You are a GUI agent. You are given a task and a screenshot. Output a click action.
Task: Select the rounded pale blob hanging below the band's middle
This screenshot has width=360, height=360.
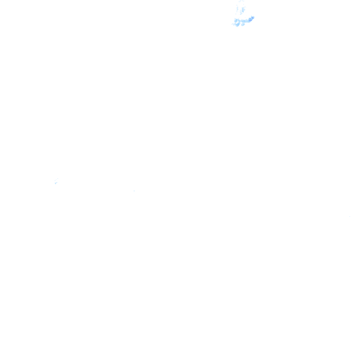243,24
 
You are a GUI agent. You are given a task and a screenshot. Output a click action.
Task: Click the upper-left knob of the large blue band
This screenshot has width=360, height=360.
236,19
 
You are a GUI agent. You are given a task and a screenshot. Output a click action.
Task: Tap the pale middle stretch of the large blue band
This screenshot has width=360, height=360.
244,21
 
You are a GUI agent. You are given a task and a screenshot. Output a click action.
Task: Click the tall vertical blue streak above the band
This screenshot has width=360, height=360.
242,9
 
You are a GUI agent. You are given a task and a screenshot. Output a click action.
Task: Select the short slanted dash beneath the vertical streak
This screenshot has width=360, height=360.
241,14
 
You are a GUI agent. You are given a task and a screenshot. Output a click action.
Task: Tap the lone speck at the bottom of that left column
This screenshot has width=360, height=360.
236,14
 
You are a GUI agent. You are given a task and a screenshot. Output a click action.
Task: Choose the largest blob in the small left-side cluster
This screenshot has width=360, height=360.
56,183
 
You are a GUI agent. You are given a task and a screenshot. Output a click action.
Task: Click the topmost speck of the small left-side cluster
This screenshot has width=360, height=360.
58,179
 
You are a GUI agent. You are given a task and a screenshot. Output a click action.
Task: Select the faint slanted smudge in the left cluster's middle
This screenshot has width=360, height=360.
56,181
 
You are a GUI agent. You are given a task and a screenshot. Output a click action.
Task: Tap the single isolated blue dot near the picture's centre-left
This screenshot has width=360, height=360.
134,191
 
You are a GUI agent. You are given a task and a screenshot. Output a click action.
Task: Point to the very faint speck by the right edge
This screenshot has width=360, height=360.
349,216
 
